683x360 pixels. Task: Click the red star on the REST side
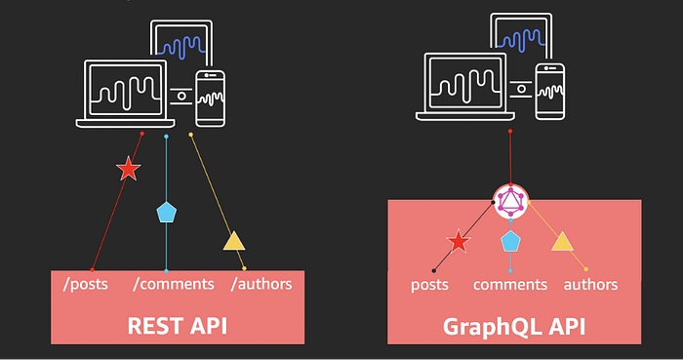pyautogui.click(x=129, y=169)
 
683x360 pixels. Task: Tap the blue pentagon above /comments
pyautogui.click(x=167, y=213)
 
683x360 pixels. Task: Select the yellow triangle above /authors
pyautogui.click(x=234, y=242)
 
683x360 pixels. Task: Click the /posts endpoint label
pyautogui.click(x=86, y=284)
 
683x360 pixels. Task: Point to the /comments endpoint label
pyautogui.click(x=174, y=284)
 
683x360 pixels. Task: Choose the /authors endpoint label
pyautogui.click(x=261, y=284)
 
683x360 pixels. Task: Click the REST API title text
pyautogui.click(x=178, y=326)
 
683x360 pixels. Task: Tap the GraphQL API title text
pyautogui.click(x=514, y=327)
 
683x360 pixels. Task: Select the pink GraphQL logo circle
pyautogui.click(x=510, y=202)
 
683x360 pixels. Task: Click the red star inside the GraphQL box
pyautogui.click(x=459, y=241)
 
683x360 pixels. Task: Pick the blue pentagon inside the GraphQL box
pyautogui.click(x=510, y=241)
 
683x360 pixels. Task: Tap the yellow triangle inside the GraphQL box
pyautogui.click(x=562, y=242)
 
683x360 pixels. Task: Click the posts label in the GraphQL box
pyautogui.click(x=429, y=285)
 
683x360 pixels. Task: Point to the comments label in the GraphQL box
pyautogui.click(x=510, y=285)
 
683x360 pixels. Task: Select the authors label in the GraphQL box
pyautogui.click(x=590, y=285)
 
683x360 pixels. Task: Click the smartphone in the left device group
pyautogui.click(x=211, y=99)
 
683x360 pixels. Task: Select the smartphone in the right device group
pyautogui.click(x=550, y=92)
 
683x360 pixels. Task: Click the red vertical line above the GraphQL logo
pyautogui.click(x=510, y=158)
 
